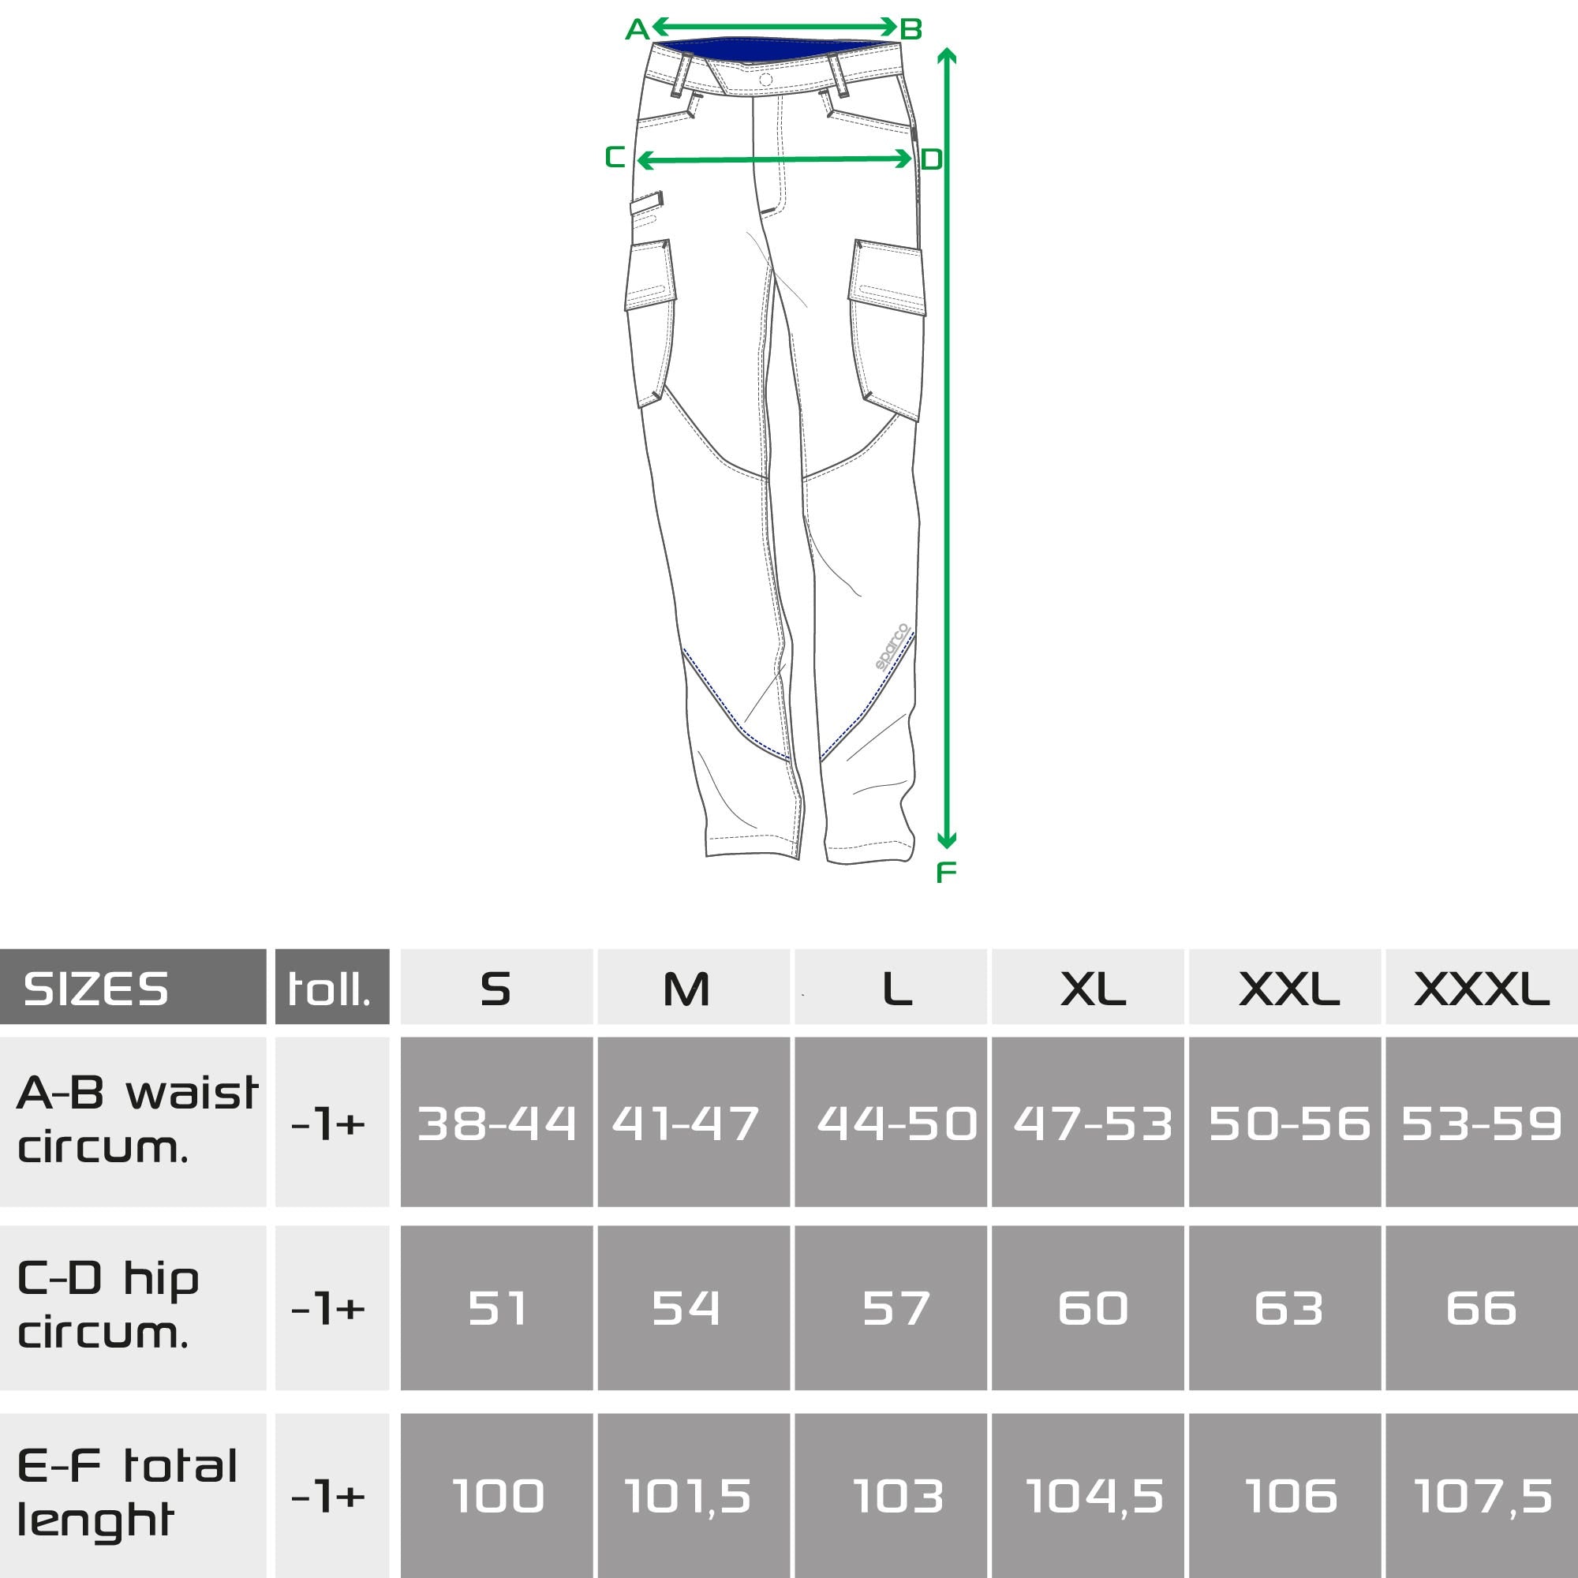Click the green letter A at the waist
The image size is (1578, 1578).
point(636,30)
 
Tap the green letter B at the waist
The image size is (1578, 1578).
point(911,30)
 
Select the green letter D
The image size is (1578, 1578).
point(931,159)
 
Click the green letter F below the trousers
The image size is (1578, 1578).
point(946,873)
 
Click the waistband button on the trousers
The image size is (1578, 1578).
point(765,80)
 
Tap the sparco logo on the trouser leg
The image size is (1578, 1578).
point(892,647)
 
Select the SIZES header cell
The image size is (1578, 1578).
point(133,987)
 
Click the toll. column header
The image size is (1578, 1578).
point(331,987)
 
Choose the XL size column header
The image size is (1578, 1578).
point(1092,989)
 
